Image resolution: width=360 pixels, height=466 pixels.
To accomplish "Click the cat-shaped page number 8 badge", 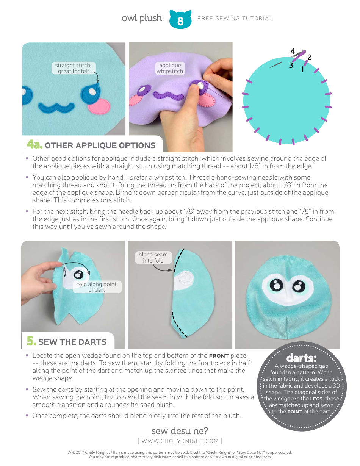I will (180, 20).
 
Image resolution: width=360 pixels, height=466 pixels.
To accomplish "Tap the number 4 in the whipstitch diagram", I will (293, 51).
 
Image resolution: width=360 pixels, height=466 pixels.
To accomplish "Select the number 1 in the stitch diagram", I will (302, 69).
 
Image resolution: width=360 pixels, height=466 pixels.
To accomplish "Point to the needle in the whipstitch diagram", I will (276, 65).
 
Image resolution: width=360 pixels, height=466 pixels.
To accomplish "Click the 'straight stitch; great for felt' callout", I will (73, 68).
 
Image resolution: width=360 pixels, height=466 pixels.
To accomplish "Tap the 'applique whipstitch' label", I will (170, 68).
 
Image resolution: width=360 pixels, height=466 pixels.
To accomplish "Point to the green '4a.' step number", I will (33, 145).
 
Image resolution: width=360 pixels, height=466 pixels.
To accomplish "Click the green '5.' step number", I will (31, 341).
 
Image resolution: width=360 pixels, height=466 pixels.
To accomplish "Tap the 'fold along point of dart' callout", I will (97, 287).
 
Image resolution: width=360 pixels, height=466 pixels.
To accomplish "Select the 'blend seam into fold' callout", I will (153, 258).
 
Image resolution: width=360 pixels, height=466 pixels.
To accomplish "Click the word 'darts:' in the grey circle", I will (301, 358).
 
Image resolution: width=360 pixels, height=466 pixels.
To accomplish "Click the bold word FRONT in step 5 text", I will (219, 356).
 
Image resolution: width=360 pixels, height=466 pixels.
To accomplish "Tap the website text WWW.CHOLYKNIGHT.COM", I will (180, 441).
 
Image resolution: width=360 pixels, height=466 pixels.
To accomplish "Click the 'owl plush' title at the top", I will (142, 18).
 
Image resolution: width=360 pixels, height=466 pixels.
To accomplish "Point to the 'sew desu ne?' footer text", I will (180, 431).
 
